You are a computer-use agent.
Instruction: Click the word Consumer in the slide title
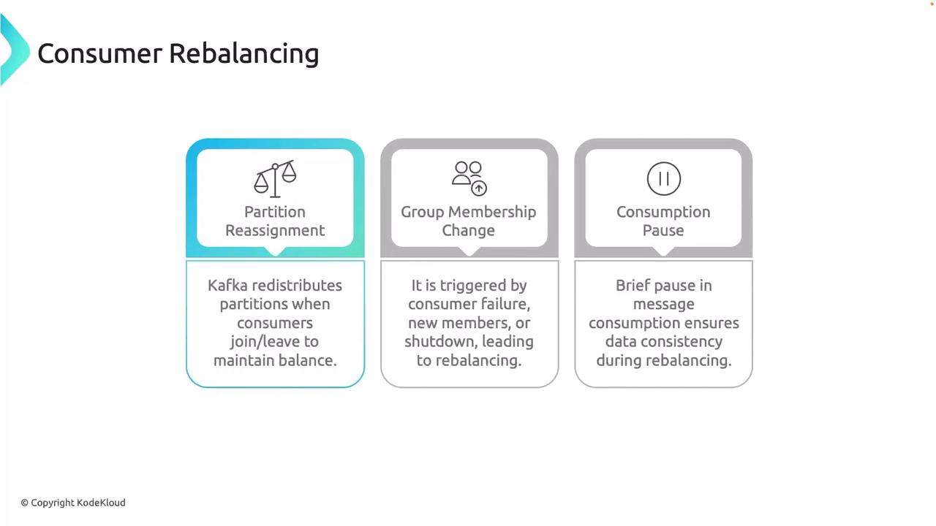[x=99, y=54]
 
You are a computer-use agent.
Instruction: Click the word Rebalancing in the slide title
[x=244, y=55]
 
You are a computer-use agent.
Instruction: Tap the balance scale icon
[x=275, y=179]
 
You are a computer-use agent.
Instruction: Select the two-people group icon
[x=469, y=178]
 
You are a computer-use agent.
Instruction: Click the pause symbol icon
[x=663, y=179]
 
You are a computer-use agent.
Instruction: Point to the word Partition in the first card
[x=275, y=212]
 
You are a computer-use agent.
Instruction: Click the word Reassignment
[x=275, y=231]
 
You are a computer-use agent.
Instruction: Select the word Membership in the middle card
[x=492, y=212]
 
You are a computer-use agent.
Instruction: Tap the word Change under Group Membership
[x=469, y=231]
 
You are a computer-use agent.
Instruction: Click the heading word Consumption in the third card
[x=663, y=213]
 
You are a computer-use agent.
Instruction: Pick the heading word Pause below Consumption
[x=663, y=230]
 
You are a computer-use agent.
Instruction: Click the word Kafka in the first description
[x=227, y=286]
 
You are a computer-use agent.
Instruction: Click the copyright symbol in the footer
[x=25, y=503]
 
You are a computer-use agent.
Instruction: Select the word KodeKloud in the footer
[x=101, y=503]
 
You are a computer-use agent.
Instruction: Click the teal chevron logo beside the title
[x=15, y=50]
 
